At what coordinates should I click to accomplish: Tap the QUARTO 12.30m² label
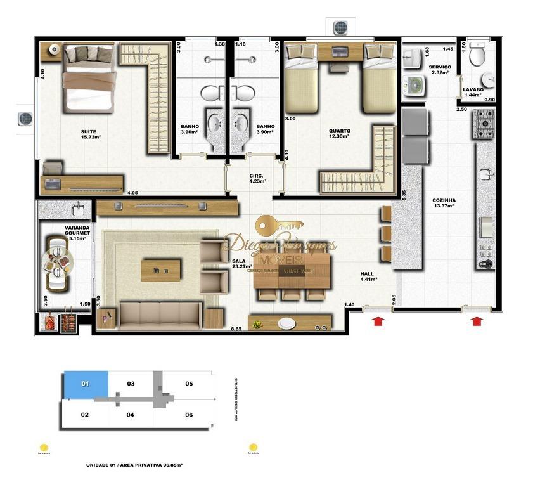pos(339,134)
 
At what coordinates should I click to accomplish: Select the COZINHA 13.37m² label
pos(444,203)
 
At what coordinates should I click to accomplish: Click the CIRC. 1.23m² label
pos(256,178)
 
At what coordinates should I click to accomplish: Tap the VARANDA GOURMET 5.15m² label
pos(77,233)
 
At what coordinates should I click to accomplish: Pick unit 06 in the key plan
pos(189,415)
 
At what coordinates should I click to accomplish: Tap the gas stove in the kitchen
pos(485,124)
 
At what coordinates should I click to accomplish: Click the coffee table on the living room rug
pos(161,269)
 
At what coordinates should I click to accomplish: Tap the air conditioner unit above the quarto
pos(341,27)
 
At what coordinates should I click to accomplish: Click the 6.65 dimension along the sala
pos(236,329)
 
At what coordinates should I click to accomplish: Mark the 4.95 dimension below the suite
pos(132,193)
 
